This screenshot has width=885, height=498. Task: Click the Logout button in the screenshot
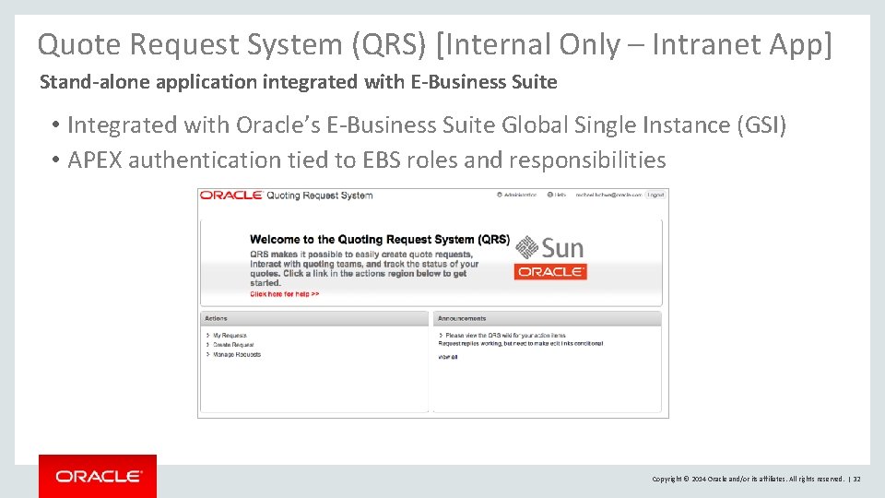[655, 195]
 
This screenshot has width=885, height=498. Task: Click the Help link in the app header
[559, 195]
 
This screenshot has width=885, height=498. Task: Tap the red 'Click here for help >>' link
[284, 294]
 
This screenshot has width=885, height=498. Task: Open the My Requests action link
[230, 336]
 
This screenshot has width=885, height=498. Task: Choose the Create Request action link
[233, 345]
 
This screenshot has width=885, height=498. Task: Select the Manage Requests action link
[236, 354]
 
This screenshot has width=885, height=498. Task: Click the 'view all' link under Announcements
[447, 357]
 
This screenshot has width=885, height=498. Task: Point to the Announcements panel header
[462, 319]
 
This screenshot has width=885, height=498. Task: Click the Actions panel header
[217, 319]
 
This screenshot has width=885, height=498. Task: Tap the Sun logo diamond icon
[526, 247]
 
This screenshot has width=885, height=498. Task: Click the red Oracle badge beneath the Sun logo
[550, 272]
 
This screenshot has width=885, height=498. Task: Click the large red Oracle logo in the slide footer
[98, 477]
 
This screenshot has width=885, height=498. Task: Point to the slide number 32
[856, 479]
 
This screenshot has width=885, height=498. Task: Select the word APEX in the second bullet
[96, 160]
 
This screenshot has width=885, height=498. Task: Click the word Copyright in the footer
[667, 479]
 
